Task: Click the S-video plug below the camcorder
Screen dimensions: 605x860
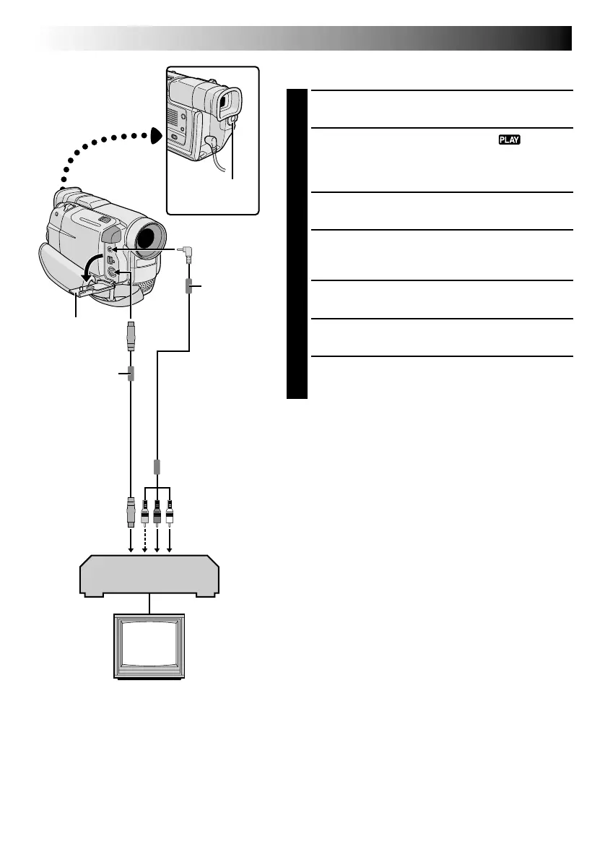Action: pyautogui.click(x=131, y=337)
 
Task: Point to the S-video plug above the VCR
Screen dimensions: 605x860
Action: pyautogui.click(x=130, y=511)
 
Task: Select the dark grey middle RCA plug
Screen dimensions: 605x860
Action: pyautogui.click(x=157, y=512)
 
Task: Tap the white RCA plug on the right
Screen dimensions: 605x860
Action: pyautogui.click(x=170, y=512)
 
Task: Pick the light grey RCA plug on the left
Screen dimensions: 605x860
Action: pyautogui.click(x=144, y=512)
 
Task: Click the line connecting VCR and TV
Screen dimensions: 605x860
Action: pyautogui.click(x=149, y=605)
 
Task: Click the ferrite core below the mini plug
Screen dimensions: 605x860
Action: pyautogui.click(x=187, y=287)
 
